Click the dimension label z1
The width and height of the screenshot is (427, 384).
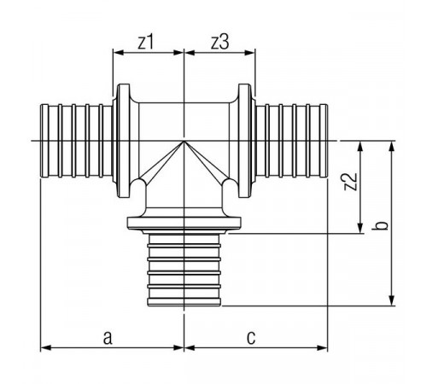146,43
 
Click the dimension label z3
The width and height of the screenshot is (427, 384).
219,43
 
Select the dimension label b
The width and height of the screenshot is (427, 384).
382,225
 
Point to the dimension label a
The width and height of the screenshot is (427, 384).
108,338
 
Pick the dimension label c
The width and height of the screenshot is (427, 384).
251,338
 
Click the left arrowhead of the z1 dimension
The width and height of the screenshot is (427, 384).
118,53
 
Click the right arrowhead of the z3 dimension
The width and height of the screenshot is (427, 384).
249,53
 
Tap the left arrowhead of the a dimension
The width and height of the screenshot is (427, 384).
45,347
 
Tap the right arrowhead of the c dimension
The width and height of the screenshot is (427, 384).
322,347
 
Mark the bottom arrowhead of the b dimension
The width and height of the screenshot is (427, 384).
392,300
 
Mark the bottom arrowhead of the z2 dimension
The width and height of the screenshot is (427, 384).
360,228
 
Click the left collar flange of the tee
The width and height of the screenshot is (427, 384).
124,141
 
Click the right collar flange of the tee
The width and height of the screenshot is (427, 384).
244,141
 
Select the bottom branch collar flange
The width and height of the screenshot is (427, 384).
184,223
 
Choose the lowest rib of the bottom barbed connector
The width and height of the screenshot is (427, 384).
184,302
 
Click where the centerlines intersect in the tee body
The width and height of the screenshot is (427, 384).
184,141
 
